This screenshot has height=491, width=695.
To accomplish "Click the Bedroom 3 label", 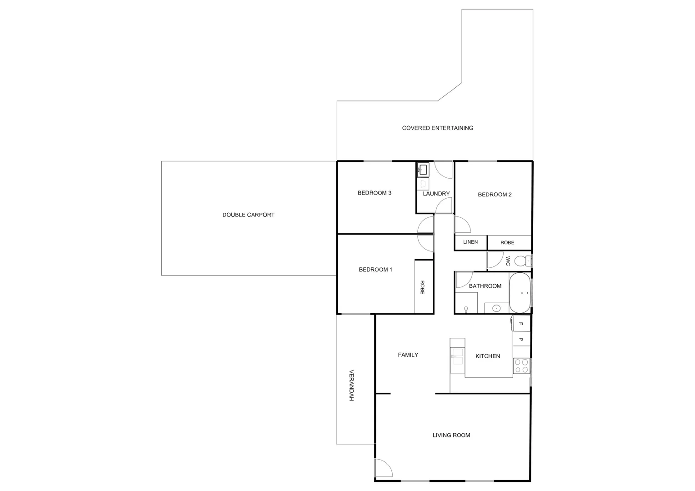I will tap(374, 193).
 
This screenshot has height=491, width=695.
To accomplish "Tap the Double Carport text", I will tap(248, 215).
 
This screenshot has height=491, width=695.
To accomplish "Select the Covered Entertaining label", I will tap(437, 128).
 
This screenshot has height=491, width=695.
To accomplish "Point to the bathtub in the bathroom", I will tap(520, 293).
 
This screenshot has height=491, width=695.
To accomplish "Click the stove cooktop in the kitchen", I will tap(521, 366).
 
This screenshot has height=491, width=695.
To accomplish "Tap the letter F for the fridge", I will tap(521, 324).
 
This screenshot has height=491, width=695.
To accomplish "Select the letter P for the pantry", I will tap(521, 340).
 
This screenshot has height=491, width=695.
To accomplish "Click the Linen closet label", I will tap(470, 242).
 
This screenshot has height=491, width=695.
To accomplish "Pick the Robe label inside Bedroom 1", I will tap(422, 287).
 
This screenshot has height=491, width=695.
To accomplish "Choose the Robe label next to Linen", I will tap(507, 243).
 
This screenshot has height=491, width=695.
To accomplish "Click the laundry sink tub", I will tap(423, 170).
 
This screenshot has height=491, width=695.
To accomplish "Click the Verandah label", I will tap(351, 385).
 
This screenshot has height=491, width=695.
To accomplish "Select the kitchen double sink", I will tap(457, 356).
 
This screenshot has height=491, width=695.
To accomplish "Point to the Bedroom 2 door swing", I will tap(462, 225).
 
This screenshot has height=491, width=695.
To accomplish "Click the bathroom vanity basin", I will tap(496, 308).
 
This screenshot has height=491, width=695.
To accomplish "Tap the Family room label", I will tap(408, 355).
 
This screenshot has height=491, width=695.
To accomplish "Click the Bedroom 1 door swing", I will tap(426, 243).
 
